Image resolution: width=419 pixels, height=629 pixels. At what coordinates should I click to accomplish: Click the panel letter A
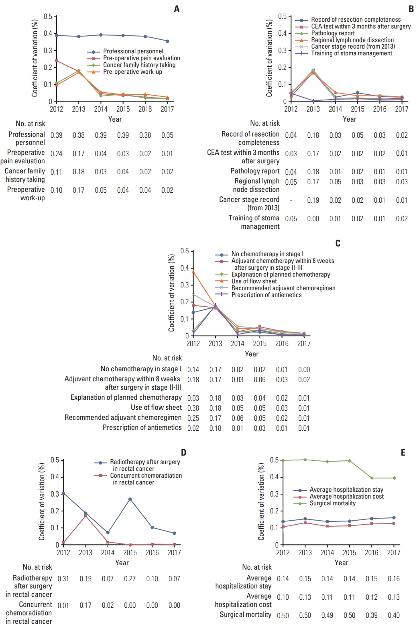point(177,9)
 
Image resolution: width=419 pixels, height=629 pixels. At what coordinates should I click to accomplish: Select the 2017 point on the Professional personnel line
point(167,41)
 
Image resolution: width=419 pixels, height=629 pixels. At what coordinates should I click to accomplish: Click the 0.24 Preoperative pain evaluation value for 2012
point(57,153)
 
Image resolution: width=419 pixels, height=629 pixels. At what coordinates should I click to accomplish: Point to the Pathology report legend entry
point(333,33)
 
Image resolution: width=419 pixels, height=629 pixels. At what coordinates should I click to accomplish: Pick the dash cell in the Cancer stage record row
point(291,200)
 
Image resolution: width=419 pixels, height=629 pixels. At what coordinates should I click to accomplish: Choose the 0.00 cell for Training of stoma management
point(313,219)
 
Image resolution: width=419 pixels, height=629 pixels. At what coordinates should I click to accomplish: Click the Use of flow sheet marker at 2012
point(193,272)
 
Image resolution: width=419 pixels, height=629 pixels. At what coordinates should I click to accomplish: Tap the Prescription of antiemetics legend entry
point(266,295)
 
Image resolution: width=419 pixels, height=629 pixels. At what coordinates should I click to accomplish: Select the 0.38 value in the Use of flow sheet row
point(193,408)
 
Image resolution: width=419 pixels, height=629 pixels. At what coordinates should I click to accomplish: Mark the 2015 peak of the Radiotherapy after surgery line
point(130,499)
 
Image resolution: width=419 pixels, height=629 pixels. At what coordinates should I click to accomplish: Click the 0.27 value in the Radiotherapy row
point(130,579)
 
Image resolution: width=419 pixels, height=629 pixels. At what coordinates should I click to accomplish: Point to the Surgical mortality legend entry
point(332,503)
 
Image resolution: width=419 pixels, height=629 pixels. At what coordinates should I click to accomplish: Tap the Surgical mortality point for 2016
point(372,478)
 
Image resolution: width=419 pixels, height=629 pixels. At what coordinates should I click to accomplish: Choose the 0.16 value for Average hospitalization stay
point(394,579)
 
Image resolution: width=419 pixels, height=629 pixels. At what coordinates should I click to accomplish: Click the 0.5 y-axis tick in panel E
point(274,460)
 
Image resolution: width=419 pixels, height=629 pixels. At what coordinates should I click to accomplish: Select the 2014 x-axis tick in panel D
point(108,553)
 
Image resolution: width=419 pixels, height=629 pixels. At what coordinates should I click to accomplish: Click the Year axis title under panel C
point(252,354)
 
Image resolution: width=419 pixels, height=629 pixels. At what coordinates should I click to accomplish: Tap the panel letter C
point(338,243)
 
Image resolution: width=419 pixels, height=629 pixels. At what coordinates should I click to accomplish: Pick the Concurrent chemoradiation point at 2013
point(85,515)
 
